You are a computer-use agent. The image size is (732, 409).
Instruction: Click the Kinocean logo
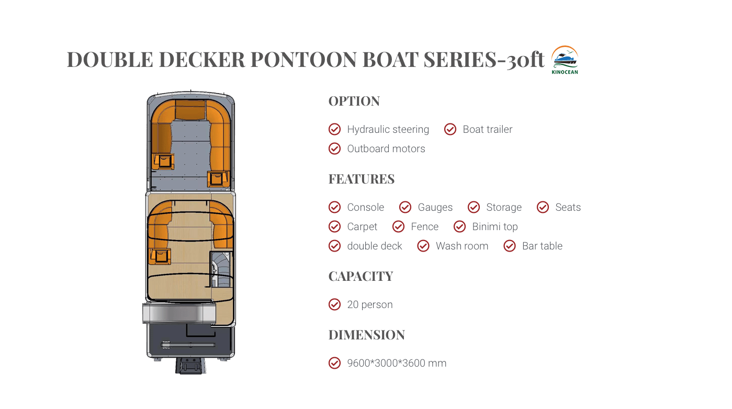pos(565,60)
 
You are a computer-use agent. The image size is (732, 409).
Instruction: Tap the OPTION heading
pos(354,101)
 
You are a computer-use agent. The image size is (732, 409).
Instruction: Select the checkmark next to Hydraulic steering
pos(335,129)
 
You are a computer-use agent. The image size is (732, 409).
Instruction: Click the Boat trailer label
pos(487,129)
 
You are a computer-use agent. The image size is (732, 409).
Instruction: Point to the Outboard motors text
pos(386,149)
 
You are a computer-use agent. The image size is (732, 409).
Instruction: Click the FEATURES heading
pos(362,179)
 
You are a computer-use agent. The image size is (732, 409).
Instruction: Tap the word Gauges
pos(435,207)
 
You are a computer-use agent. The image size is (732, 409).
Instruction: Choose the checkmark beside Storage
pos(474,207)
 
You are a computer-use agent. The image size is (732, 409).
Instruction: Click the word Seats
pos(568,207)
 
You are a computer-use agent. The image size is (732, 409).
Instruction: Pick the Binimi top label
pos(495,226)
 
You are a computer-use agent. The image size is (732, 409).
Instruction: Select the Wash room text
pos(461,246)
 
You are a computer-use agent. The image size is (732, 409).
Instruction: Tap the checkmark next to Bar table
pos(510,246)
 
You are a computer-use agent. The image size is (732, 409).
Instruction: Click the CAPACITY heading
pos(361,276)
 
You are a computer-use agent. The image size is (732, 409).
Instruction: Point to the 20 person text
pos(369,304)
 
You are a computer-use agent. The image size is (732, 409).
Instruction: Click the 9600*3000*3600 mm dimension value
pos(397,363)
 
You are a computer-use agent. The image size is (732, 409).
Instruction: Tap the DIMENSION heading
pos(367,335)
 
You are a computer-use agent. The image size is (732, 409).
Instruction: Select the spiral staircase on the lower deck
pos(221,269)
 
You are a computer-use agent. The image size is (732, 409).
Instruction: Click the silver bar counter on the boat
pos(179,313)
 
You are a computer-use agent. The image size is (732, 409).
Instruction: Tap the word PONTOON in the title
pos(303,60)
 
